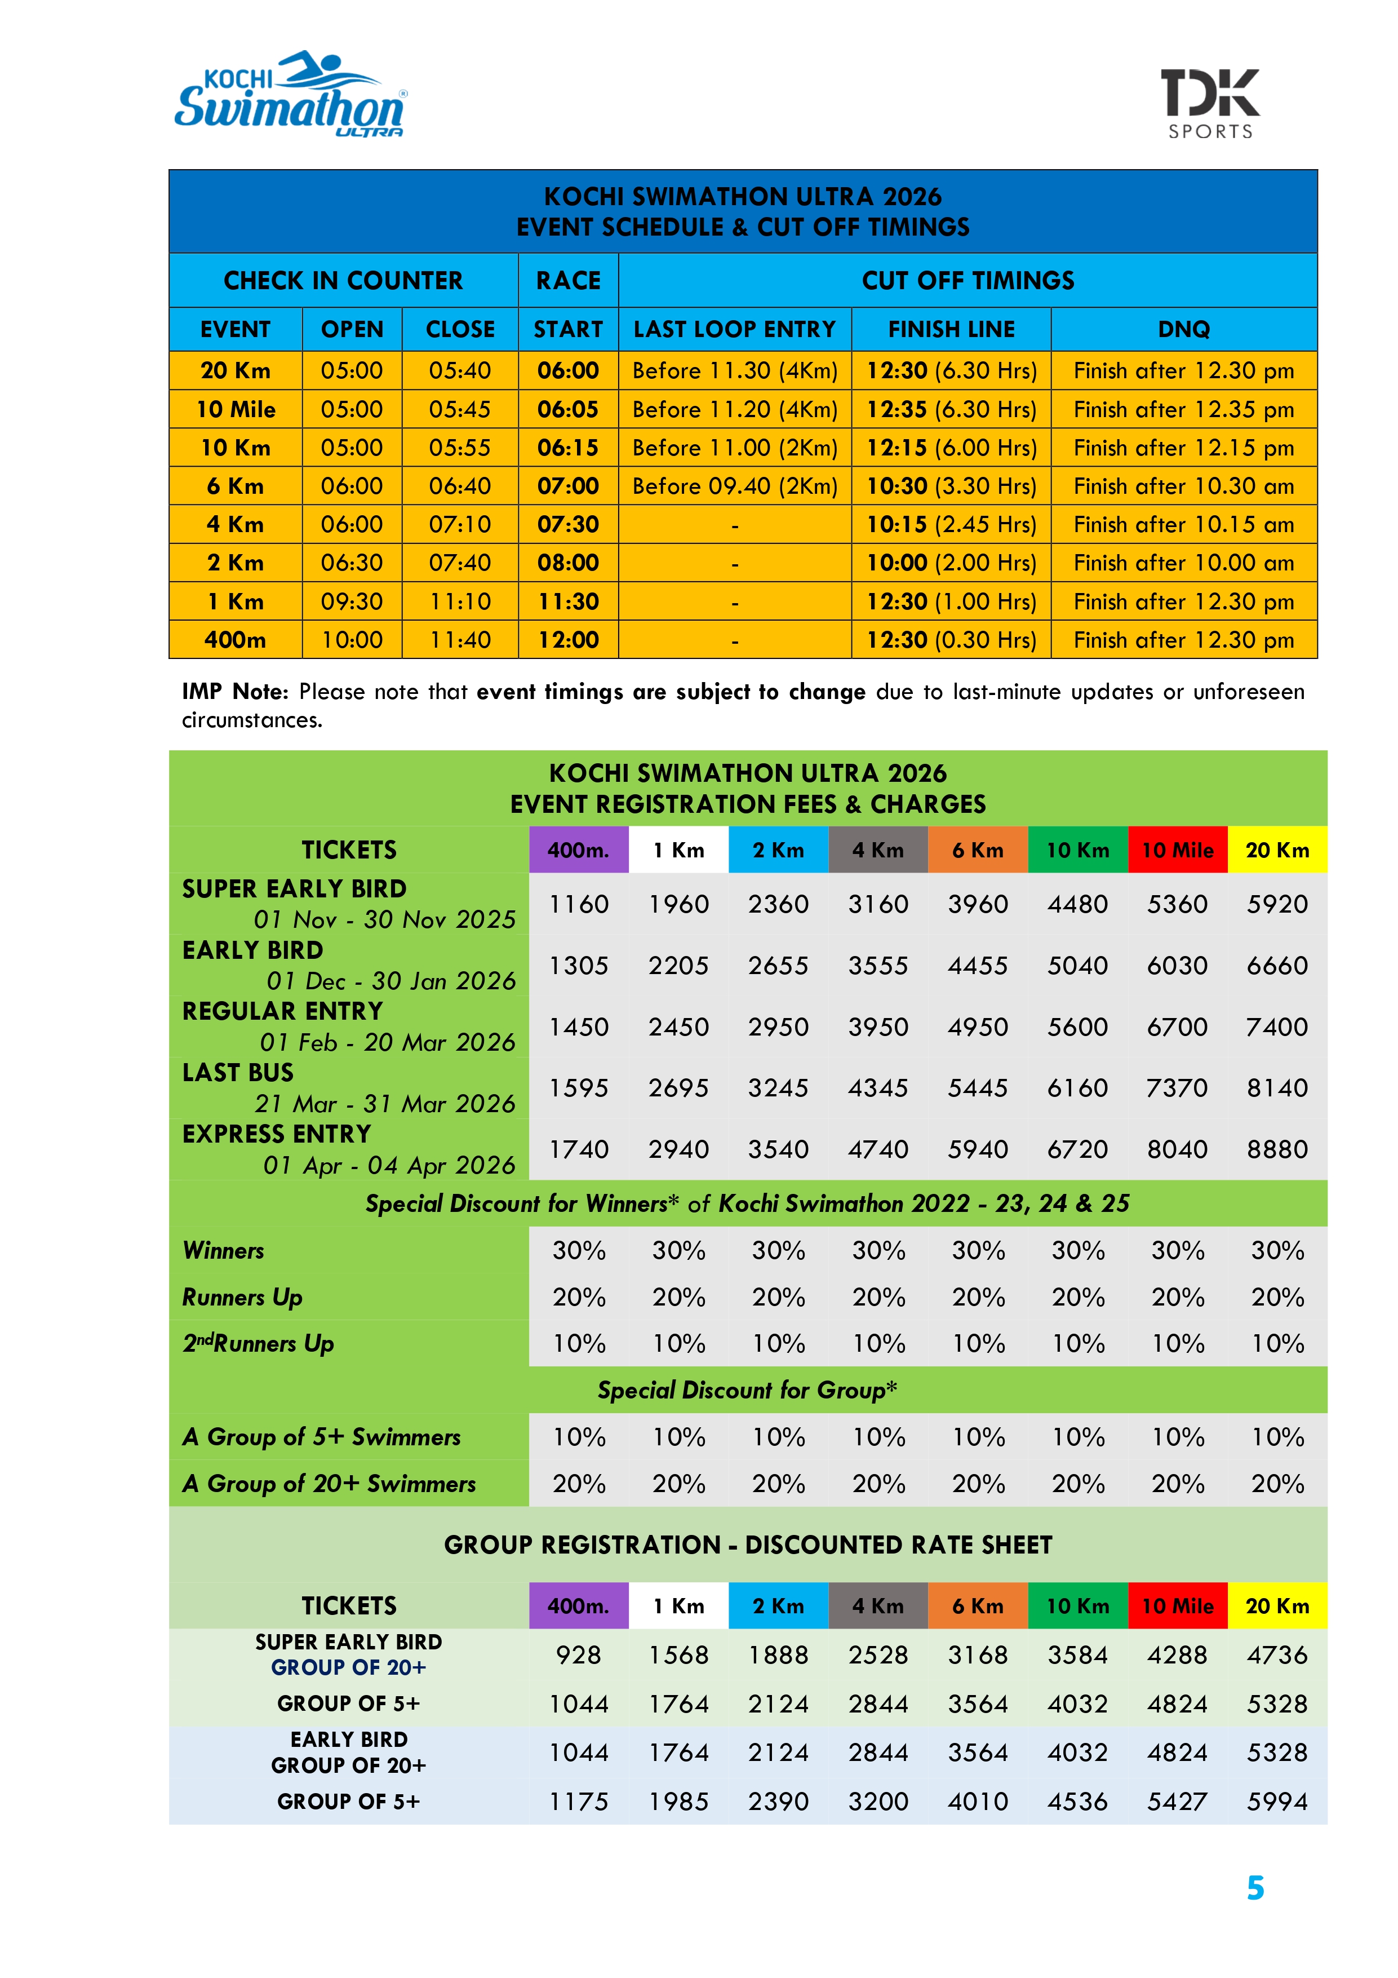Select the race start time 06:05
(567, 409)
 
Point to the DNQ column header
(1183, 329)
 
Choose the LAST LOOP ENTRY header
(735, 329)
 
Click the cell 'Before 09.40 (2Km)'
(735, 486)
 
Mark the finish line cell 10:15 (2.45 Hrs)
(951, 525)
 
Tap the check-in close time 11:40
(460, 640)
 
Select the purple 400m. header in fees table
(578, 850)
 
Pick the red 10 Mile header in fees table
(1178, 850)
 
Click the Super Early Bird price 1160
(579, 904)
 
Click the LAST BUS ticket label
(238, 1073)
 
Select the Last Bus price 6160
(1077, 1088)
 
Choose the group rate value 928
(579, 1655)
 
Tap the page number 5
(1255, 1888)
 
